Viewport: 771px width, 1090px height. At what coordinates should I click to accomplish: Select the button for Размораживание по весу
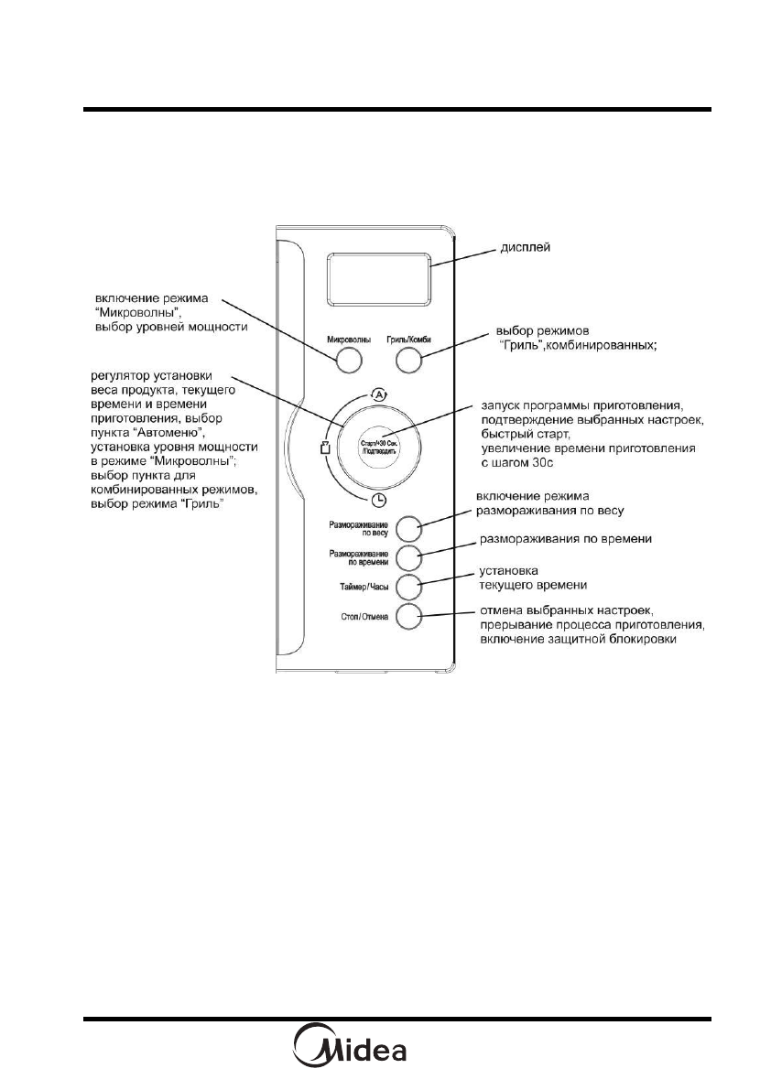point(408,528)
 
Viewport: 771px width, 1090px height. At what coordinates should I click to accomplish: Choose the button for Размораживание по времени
point(408,556)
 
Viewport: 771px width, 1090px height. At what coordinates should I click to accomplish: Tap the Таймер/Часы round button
point(408,587)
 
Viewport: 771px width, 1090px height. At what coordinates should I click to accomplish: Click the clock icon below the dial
point(378,499)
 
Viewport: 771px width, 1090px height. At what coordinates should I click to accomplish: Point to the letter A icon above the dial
point(378,394)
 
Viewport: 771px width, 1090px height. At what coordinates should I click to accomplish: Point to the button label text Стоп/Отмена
point(364,617)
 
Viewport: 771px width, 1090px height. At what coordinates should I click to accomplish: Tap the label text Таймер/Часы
point(364,587)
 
